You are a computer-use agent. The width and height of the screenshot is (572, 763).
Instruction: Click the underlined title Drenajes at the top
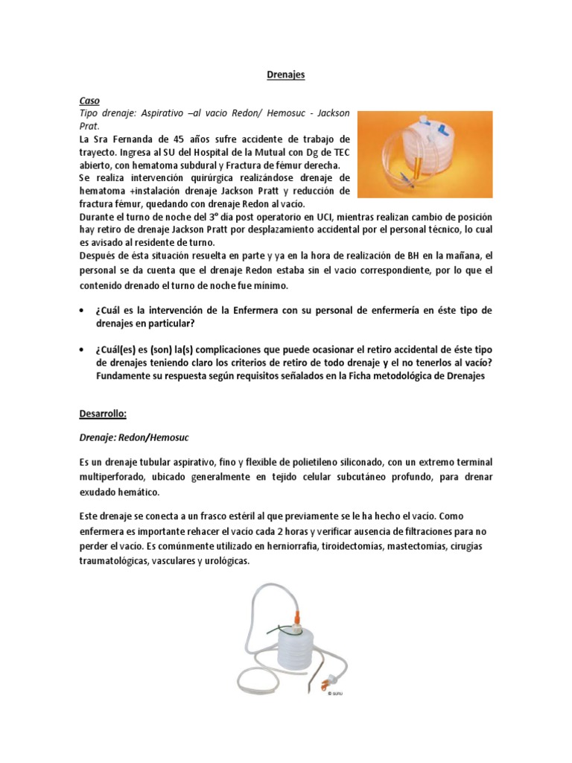pyautogui.click(x=286, y=75)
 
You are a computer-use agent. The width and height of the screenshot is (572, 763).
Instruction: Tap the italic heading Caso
pyautogui.click(x=90, y=100)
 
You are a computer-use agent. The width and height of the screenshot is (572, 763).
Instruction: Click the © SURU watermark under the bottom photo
pyautogui.click(x=335, y=694)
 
